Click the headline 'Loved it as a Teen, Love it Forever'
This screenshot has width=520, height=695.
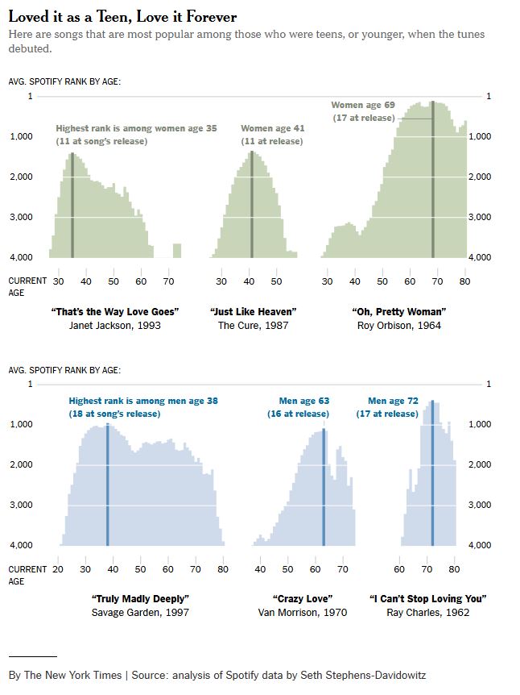[x=122, y=17]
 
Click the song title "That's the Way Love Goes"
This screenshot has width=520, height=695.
[x=114, y=311]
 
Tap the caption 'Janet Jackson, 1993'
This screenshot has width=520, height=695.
[x=114, y=326]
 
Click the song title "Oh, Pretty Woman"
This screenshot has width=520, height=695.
[x=398, y=311]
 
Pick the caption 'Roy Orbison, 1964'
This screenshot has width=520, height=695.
[x=398, y=326]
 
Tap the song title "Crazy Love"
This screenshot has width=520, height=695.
[x=303, y=598]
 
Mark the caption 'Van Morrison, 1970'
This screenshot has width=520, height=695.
[x=303, y=613]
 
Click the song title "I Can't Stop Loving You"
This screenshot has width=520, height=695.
[x=427, y=598]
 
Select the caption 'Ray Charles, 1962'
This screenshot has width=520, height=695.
[x=427, y=613]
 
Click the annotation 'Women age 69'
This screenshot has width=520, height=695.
[x=363, y=105]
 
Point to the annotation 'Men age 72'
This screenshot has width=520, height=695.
[x=393, y=401]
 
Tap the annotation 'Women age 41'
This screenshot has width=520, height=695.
[x=272, y=128]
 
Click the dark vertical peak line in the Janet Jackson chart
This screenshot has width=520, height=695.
[x=72, y=206]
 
